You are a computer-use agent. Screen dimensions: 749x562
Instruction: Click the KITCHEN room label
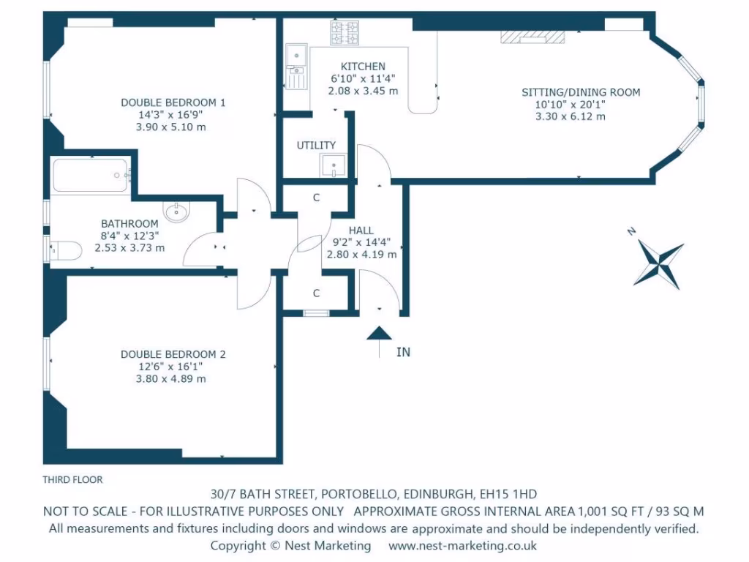363,67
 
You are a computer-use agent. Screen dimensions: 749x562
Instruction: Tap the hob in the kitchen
345,32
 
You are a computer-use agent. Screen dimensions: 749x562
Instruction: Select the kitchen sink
297,67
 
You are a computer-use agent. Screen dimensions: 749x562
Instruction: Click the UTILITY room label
316,146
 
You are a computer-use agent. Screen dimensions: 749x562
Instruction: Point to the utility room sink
334,166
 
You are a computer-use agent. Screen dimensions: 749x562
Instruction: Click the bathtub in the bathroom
90,176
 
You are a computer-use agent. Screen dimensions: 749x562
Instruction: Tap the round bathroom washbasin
177,211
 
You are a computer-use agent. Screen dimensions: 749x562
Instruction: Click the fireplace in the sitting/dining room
532,37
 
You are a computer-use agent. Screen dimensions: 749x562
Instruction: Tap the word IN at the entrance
403,352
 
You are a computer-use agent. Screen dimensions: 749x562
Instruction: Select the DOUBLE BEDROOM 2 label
173,355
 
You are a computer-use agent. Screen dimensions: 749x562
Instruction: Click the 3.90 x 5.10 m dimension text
171,127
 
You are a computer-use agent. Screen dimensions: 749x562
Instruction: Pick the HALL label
361,231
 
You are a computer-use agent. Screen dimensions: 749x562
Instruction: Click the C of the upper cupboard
316,198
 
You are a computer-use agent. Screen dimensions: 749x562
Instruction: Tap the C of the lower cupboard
316,293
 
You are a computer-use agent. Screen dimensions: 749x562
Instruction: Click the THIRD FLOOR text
72,480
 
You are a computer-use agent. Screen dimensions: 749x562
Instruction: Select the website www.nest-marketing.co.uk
462,546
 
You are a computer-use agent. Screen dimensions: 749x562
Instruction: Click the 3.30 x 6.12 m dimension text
571,116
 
